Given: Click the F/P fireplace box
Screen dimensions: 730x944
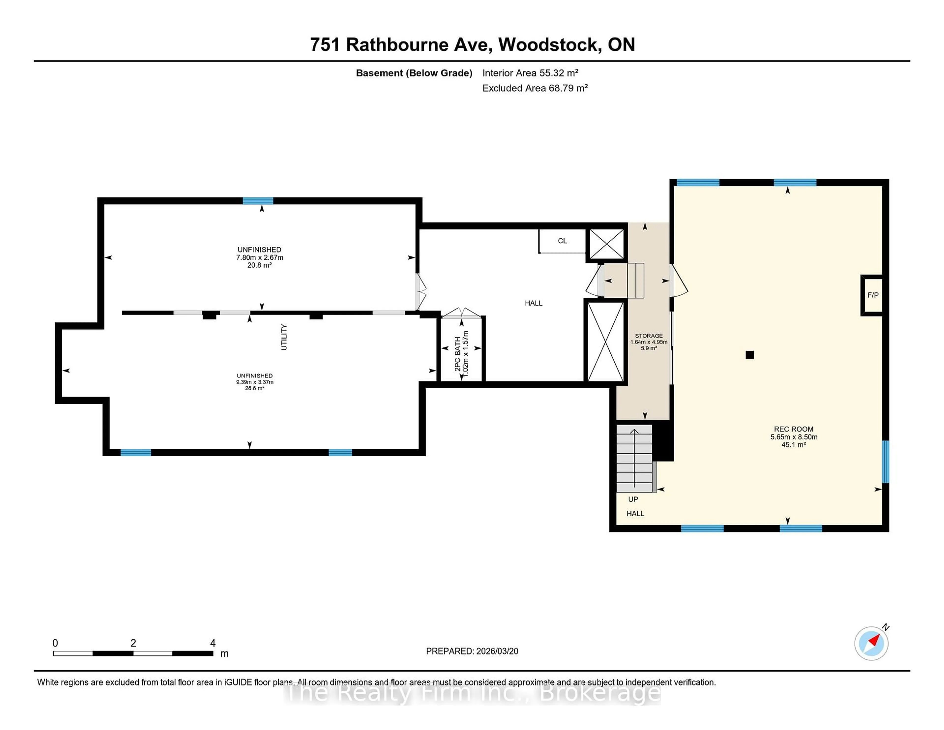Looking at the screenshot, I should point(872,295).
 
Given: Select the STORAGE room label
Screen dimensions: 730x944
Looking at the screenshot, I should point(648,335).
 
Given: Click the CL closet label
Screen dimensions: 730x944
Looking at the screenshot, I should point(562,241).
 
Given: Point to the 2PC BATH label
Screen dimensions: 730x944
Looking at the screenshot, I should point(457,353).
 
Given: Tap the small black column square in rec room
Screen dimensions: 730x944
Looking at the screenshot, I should point(750,355).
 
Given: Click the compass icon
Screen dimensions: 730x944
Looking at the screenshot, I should point(871,643).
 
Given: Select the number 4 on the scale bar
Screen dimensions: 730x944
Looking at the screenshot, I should point(213,643).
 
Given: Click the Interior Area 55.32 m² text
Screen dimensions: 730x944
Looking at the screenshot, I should point(530,73).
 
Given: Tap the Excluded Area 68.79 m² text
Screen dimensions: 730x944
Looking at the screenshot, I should point(535,88).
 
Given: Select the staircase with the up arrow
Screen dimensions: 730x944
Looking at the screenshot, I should point(634,458).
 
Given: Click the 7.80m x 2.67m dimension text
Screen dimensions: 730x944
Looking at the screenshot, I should point(259,257).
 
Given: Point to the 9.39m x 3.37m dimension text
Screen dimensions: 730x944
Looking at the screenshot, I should point(255,382).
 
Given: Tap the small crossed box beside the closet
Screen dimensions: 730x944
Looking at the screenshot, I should point(606,244).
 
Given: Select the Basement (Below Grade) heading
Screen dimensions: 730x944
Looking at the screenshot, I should point(414,73).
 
